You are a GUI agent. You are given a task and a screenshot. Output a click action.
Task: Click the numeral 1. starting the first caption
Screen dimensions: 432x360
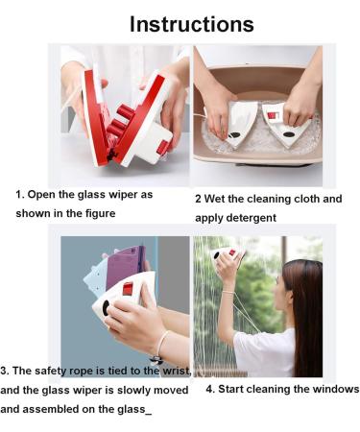[x=19, y=195]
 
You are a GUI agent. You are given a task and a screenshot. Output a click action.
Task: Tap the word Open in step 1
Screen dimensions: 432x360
[x=43, y=195]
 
